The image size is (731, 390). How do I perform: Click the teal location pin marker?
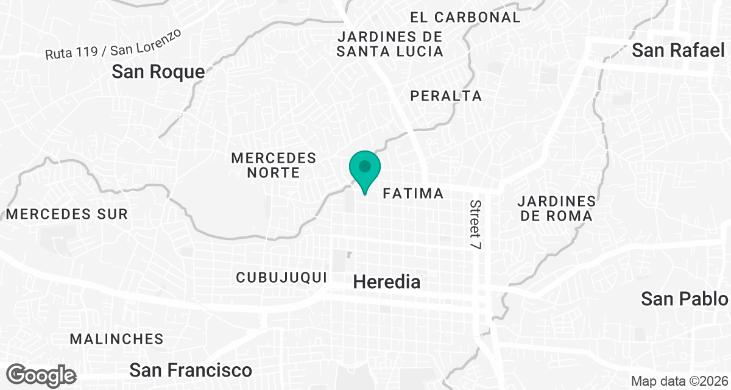(x=365, y=171)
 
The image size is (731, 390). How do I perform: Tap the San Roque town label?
(x=158, y=72)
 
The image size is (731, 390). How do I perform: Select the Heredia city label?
(x=387, y=282)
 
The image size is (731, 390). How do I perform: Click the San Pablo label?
(x=685, y=299)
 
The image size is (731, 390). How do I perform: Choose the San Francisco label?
(x=191, y=370)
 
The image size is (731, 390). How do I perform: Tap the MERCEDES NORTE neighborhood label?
(x=274, y=165)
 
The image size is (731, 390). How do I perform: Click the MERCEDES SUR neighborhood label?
(x=67, y=214)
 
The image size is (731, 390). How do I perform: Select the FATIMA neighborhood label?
(x=413, y=194)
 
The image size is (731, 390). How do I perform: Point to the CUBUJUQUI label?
(x=282, y=277)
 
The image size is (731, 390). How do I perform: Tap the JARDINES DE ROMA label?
(x=555, y=208)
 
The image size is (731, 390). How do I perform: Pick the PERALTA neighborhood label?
(x=446, y=96)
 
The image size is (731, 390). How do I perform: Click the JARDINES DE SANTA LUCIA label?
(x=390, y=44)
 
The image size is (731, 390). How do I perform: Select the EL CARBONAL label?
(x=465, y=17)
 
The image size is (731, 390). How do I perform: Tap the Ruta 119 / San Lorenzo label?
(x=113, y=45)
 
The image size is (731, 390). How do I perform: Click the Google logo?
(x=42, y=375)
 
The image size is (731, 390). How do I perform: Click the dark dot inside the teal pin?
(x=365, y=166)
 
